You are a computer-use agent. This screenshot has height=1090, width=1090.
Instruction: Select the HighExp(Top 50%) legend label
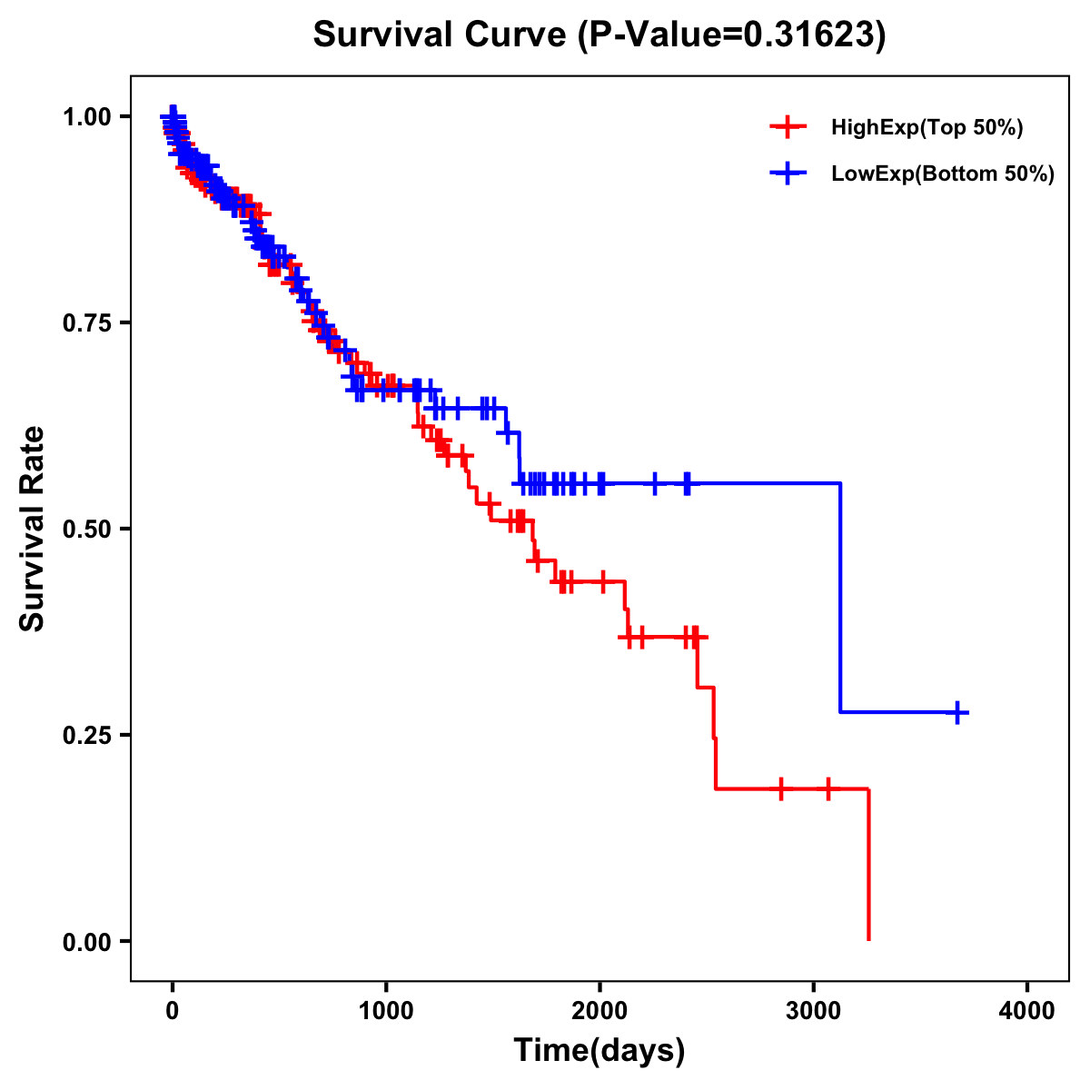927,128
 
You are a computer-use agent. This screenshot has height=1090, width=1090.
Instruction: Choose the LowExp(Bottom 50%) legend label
943,174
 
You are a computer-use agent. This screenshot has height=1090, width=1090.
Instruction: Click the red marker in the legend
788,128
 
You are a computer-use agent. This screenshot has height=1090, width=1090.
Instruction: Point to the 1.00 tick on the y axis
86,117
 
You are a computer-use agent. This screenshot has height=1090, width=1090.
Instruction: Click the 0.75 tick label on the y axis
86,323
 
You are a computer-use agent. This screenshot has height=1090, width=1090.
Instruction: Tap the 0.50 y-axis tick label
86,530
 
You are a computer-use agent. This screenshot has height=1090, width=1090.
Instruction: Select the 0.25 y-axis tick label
86,736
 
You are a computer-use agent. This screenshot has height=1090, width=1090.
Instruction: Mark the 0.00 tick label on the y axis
86,942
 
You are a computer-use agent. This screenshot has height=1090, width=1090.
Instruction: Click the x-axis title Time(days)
599,1051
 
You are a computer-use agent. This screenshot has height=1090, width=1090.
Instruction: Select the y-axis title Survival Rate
33,528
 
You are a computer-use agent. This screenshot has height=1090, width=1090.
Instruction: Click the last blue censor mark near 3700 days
957,713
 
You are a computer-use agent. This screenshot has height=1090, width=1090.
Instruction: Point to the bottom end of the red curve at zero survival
868,938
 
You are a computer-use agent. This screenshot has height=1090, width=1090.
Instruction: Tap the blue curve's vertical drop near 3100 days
840,599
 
